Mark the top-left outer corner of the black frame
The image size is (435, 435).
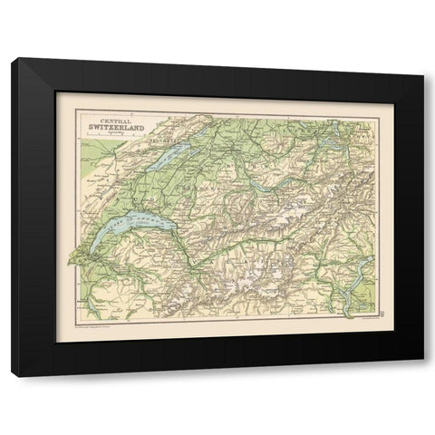[12, 57]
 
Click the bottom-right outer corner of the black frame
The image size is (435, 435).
[423, 375]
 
